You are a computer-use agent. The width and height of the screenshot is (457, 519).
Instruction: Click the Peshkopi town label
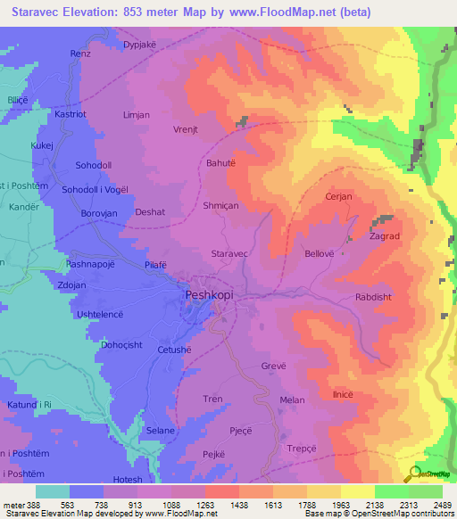[212, 293]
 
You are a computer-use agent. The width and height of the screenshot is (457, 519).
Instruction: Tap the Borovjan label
[99, 213]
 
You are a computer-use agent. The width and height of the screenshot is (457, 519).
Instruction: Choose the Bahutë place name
[220, 163]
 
